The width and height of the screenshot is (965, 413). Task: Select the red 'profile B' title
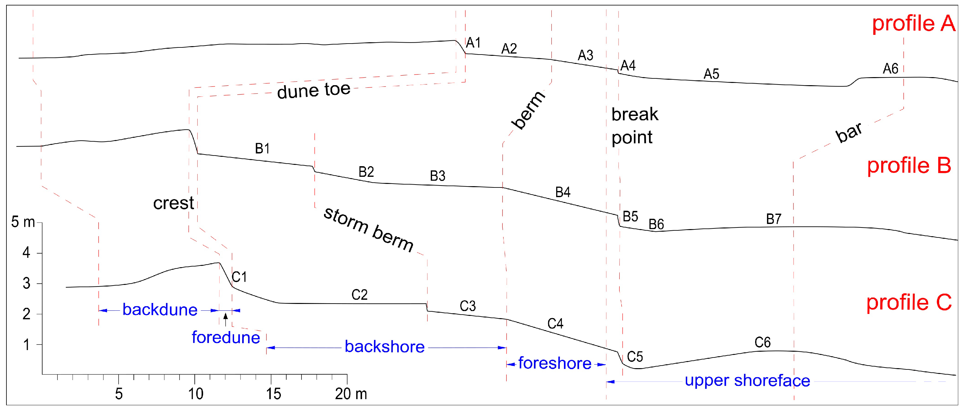(909, 165)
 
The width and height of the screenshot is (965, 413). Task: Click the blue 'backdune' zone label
(160, 310)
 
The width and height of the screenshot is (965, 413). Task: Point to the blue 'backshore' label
(384, 347)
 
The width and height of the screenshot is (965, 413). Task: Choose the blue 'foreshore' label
(555, 363)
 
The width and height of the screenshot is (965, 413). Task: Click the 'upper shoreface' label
(747, 381)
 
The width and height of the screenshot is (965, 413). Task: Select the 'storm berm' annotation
(368, 229)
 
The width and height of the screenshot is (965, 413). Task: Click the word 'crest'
(173, 203)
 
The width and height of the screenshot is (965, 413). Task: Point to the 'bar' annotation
(849, 132)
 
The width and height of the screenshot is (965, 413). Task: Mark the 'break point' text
(634, 126)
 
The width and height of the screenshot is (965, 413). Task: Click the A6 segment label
(891, 69)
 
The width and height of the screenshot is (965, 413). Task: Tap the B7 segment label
(773, 219)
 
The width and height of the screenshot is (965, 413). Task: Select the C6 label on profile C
(762, 342)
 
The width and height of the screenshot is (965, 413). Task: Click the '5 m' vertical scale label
(23, 222)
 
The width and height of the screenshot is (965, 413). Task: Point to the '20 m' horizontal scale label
(351, 394)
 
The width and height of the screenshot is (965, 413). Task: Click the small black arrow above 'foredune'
(225, 318)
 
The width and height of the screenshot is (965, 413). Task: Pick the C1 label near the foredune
(239, 277)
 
